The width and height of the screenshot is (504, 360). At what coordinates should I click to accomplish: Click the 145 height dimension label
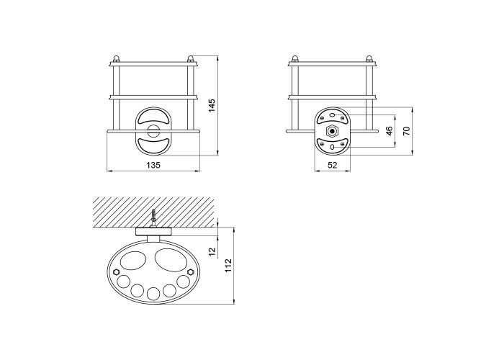(x=212, y=105)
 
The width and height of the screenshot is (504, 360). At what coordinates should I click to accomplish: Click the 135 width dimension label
(x=153, y=165)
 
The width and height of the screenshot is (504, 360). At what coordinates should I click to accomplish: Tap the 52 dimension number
(x=333, y=165)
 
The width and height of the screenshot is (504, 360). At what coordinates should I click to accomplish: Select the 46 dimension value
(x=390, y=131)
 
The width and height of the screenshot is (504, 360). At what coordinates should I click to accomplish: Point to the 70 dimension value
(x=407, y=131)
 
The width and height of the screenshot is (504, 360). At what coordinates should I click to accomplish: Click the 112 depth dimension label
(x=228, y=266)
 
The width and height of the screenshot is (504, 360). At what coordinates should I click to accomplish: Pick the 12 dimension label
(x=212, y=252)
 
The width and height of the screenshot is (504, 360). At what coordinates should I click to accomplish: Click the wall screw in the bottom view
(x=153, y=218)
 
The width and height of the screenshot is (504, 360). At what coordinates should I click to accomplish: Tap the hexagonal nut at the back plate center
(x=333, y=131)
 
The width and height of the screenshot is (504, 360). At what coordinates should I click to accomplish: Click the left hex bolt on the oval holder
(x=116, y=272)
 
